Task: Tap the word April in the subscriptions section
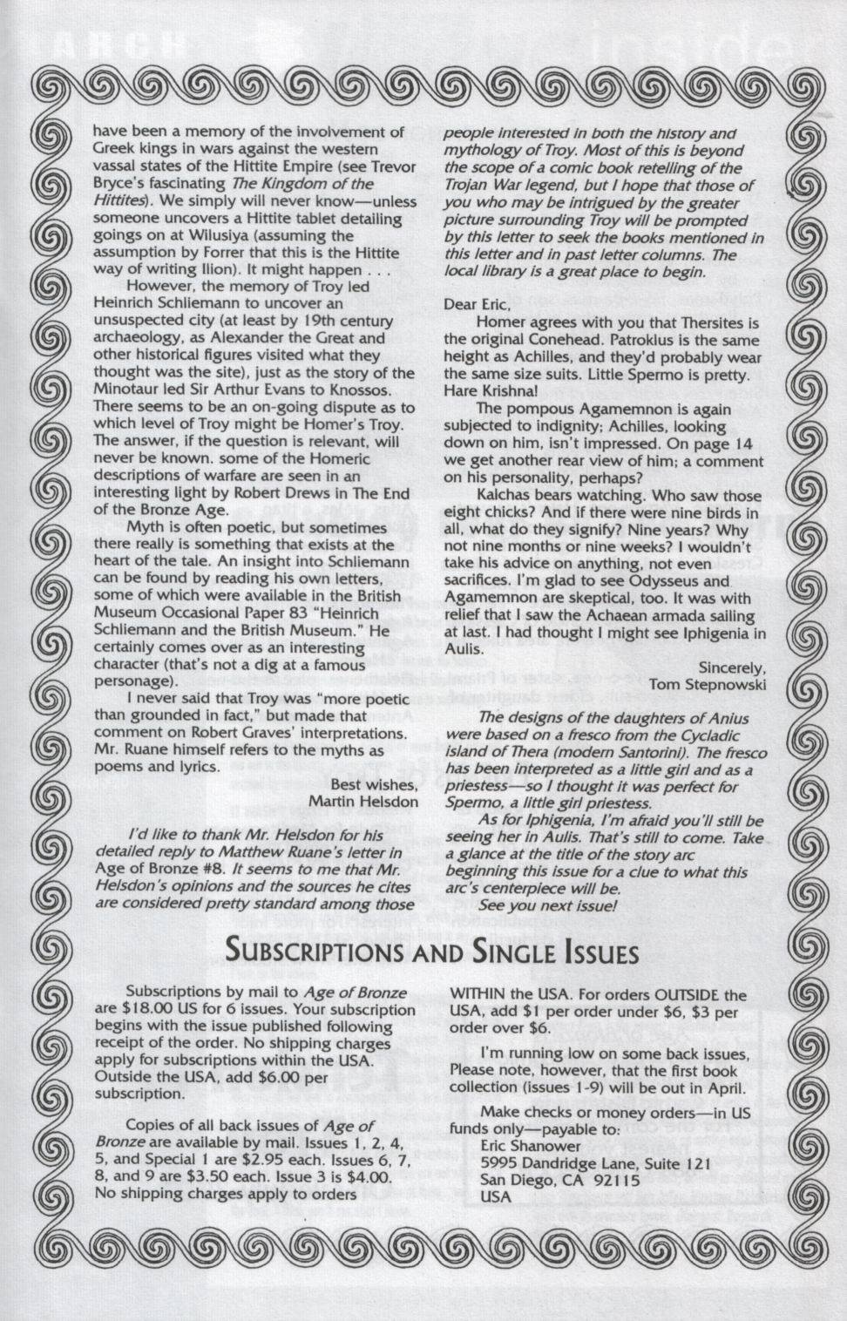point(723,1088)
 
